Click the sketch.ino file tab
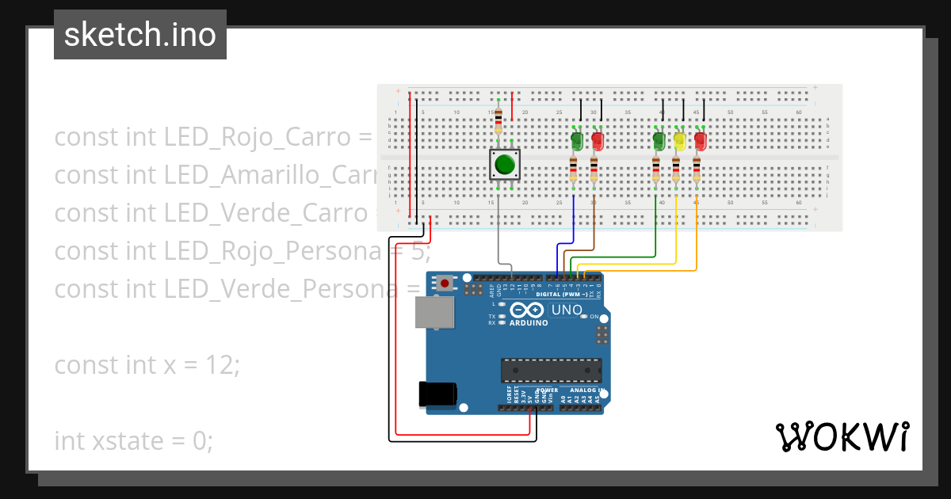(140, 35)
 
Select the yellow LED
(679, 141)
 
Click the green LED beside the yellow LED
(659, 141)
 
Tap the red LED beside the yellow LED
(701, 141)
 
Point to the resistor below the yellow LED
(676, 169)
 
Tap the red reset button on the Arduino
(445, 283)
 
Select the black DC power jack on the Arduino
(438, 394)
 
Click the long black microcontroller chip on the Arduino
(550, 370)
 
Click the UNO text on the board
(567, 310)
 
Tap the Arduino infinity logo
(527, 310)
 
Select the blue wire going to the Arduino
(559, 253)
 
